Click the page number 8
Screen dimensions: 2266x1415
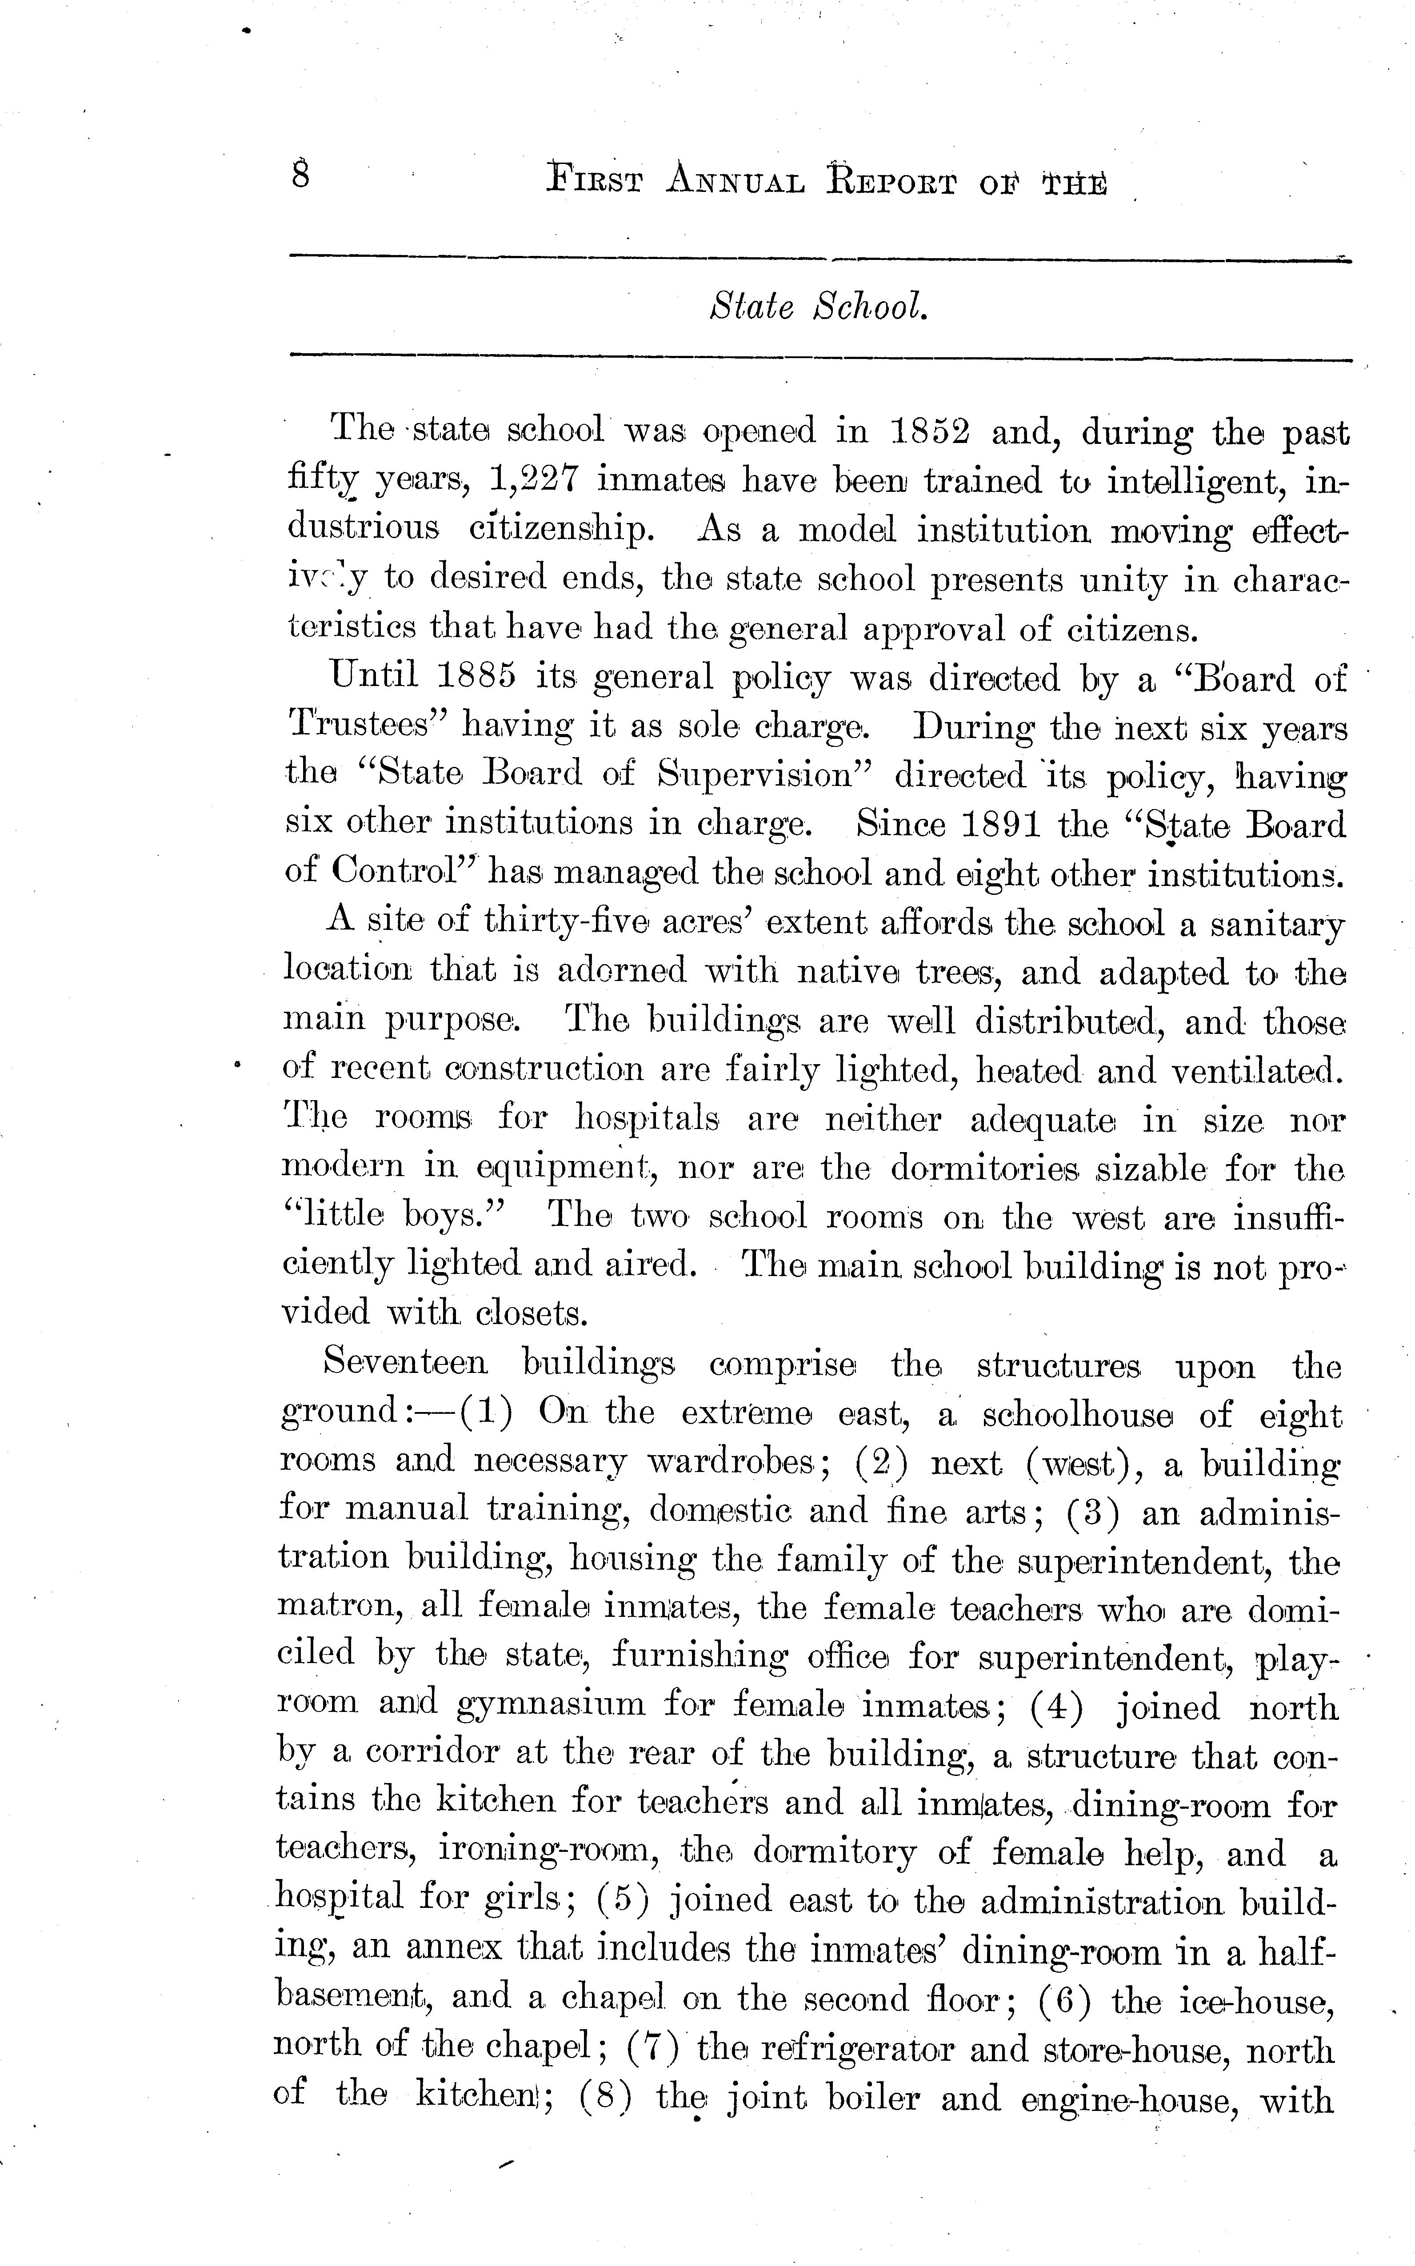click(300, 175)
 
